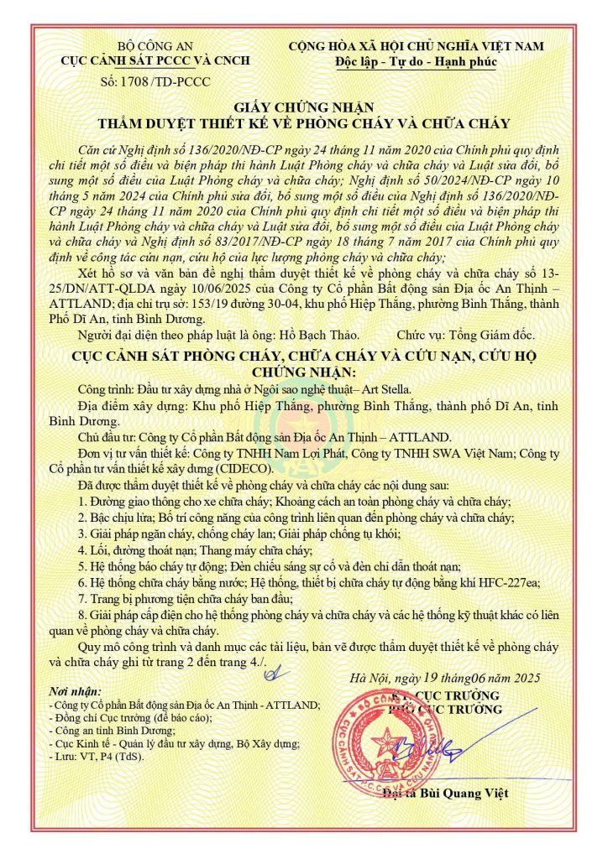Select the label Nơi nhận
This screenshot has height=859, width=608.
[74, 690]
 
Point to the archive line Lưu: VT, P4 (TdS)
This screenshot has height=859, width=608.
[97, 757]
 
